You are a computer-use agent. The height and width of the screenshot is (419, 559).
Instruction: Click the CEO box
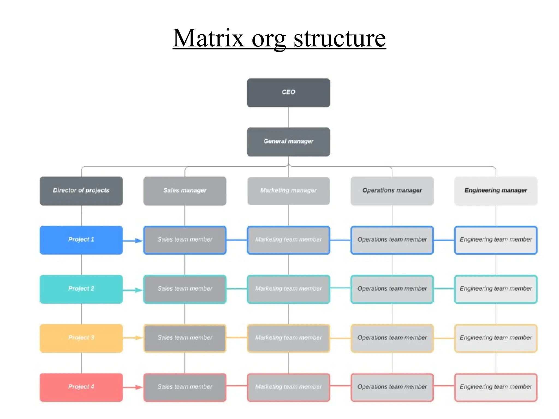pos(289,93)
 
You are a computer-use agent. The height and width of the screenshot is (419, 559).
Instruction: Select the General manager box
pos(289,142)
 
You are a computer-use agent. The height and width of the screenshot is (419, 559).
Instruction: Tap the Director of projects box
pos(81,191)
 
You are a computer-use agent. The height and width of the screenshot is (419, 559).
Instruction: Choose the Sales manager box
pos(185,191)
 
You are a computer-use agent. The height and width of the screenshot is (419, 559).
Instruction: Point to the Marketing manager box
pos(289,191)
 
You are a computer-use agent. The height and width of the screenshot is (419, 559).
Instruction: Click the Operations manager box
pos(392,191)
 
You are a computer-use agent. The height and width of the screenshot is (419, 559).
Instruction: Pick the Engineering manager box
pos(496,191)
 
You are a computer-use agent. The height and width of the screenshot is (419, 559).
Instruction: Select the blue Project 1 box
pos(81,240)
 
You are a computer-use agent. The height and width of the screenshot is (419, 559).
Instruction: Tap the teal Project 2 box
pos(81,289)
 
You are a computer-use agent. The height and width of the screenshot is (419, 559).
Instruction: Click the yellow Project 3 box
pos(81,338)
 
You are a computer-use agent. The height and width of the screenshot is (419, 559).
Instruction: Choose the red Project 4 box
pos(81,387)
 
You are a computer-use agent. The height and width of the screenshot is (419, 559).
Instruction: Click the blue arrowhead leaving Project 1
pos(139,241)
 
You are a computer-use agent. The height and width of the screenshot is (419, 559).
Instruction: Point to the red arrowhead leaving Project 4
pos(139,387)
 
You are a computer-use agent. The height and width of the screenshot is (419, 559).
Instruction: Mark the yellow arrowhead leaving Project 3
pos(139,338)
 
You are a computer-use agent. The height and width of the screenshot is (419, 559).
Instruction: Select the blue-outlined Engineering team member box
pos(496,240)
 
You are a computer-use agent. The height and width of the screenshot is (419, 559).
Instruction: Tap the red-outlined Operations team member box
pos(392,387)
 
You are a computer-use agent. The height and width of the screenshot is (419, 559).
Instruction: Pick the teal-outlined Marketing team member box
pos(289,289)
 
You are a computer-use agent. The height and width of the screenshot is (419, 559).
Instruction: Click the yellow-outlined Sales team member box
pos(185,338)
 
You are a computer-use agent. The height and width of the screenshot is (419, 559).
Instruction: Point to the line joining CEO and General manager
pos(289,117)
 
